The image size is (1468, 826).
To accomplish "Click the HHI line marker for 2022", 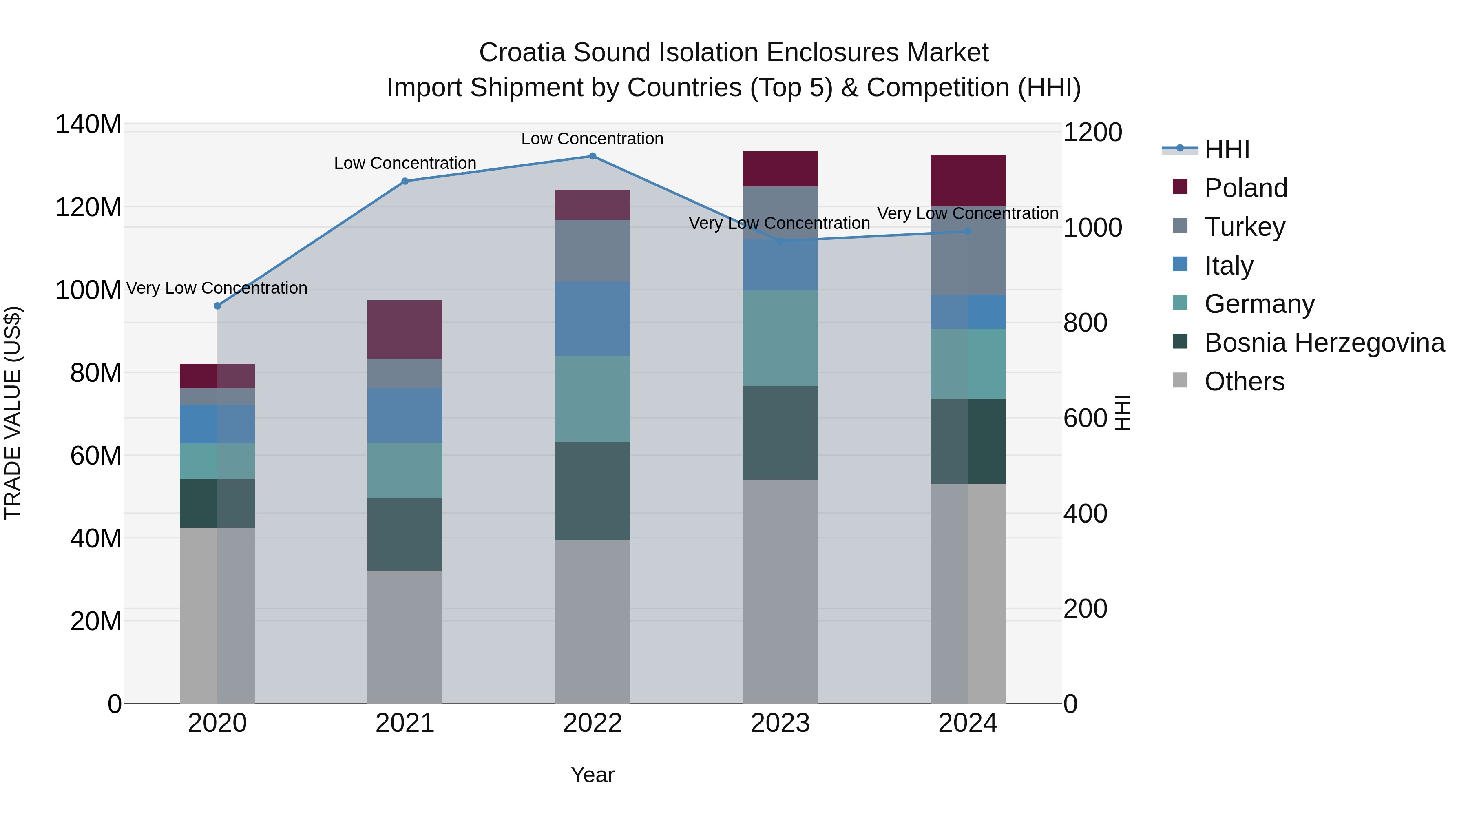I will click(592, 156).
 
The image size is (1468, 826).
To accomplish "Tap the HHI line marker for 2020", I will click(217, 306).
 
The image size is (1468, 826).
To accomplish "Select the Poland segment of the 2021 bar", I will click(405, 330).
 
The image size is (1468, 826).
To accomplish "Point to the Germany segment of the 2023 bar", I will click(780, 338).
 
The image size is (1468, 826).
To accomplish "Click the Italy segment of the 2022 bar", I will click(592, 319).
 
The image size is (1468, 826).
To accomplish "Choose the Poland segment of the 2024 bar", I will click(968, 181).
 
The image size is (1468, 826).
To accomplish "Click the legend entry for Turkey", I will click(1244, 227).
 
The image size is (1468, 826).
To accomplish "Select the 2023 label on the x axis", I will click(780, 723).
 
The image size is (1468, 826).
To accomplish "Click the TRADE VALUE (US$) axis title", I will click(13, 413).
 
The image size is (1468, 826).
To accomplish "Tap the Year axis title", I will click(592, 775).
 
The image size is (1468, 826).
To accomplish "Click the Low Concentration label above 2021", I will click(405, 163).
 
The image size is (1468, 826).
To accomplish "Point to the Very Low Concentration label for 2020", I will click(217, 288).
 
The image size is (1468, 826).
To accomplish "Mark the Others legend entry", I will click(1244, 381).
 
